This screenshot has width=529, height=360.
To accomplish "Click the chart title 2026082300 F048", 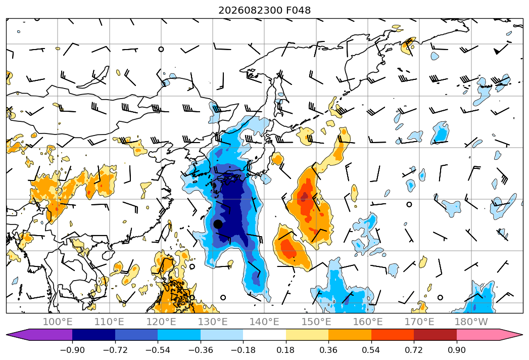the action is point(265,10).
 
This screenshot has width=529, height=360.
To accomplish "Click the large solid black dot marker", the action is point(218,224).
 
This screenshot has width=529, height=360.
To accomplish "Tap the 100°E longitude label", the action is point(58,322).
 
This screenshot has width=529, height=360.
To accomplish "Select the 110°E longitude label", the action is point(109,322).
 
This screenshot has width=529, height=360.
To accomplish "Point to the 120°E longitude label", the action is point(161,322).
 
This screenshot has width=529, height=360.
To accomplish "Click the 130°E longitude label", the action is point(213,322).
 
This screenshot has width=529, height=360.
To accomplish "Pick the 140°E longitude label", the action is point(264,322).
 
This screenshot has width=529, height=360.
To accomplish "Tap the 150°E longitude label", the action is point(316,322).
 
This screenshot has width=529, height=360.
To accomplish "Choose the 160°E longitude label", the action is point(368,322).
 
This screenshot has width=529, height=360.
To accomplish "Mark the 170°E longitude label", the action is point(419,322).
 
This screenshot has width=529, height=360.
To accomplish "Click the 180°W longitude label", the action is point(471,322).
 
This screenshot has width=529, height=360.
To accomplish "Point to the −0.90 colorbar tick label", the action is point(72,350).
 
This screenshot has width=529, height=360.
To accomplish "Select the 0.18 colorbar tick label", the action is point(286,350).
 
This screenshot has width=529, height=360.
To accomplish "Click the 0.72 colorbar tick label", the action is point(414,350).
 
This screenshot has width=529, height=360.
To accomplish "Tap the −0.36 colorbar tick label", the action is point(201,350).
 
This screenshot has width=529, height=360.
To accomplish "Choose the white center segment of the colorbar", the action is point(265,335).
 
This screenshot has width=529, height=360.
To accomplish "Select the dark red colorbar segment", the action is point(435,335).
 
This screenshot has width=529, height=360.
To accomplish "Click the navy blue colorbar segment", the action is point(93,335).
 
